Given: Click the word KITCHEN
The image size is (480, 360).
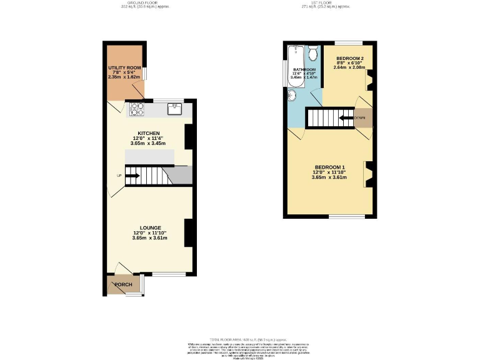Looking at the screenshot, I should click(149, 133).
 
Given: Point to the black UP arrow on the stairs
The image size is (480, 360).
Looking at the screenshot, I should click(131, 176).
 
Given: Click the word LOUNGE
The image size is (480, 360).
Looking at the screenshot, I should click(150, 227).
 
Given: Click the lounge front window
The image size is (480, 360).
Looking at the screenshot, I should click(169, 274).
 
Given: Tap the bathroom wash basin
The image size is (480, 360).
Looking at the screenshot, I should click(292, 95).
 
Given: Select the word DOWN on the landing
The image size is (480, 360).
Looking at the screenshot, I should click(360, 117).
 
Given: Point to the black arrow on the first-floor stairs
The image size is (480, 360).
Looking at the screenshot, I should click(346, 117).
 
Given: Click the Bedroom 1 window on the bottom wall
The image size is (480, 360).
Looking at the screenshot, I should click(346, 217).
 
